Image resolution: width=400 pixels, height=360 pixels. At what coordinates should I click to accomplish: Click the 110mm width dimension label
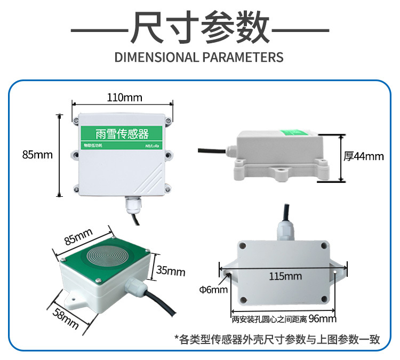tap(122, 98)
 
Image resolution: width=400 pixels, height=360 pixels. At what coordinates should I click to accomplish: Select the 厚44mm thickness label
tap(364, 156)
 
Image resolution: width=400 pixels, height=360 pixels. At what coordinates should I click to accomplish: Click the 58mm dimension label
tap(67, 319)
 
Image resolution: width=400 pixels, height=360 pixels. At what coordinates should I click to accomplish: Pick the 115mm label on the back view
tap(285, 276)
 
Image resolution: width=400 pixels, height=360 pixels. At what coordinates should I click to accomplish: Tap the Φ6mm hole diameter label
tap(213, 290)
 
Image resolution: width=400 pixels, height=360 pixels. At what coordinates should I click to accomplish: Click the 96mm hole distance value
tap(323, 319)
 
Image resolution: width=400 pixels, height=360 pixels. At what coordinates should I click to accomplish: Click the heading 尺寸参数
tap(199, 27)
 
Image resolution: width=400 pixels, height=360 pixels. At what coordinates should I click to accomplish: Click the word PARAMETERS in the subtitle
tap(243, 58)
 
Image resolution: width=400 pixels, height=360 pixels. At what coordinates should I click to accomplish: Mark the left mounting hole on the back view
tap(229, 275)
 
